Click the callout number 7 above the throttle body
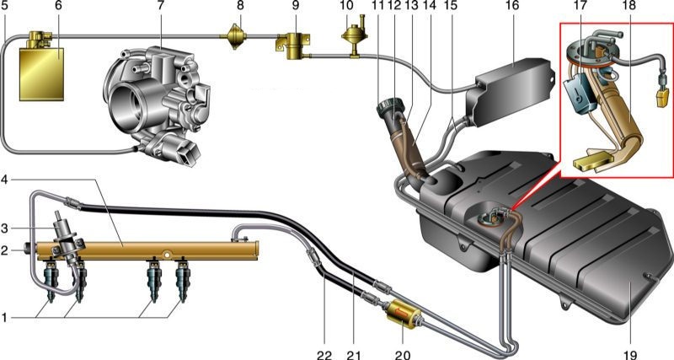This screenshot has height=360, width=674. pyautogui.click(x=160, y=7)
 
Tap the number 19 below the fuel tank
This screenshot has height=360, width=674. pyautogui.click(x=630, y=354)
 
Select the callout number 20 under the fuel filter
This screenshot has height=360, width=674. pyautogui.click(x=402, y=354)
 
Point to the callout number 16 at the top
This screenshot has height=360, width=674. pyautogui.click(x=513, y=6)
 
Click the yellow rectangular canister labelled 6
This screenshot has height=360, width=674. pyautogui.click(x=41, y=74)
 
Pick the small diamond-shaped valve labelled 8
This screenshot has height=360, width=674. pyautogui.click(x=235, y=36)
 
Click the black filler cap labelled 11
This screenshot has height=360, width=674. pyautogui.click(x=388, y=107)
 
